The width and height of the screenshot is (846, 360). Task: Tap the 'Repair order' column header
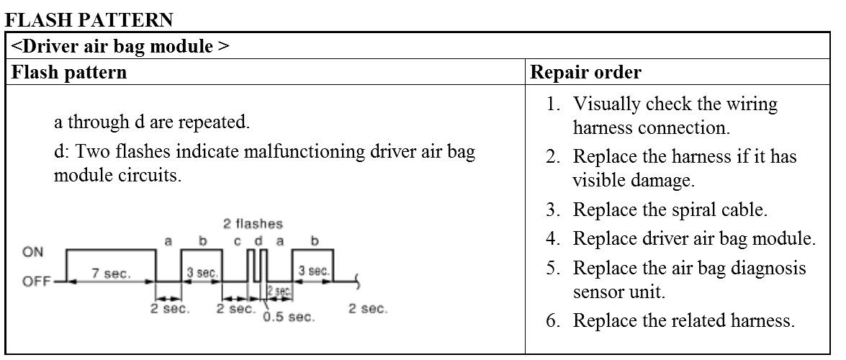(x=585, y=73)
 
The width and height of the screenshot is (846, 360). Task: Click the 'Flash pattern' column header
(x=70, y=73)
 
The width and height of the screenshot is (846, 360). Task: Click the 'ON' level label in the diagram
(x=33, y=252)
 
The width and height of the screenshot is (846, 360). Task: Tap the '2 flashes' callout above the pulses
(x=253, y=224)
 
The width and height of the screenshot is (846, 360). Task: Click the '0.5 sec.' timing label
(x=289, y=317)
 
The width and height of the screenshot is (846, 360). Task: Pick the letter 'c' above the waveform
(x=238, y=242)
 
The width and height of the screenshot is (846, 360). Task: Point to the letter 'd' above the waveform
(x=257, y=242)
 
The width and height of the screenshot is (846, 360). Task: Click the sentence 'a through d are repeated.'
(x=152, y=122)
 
